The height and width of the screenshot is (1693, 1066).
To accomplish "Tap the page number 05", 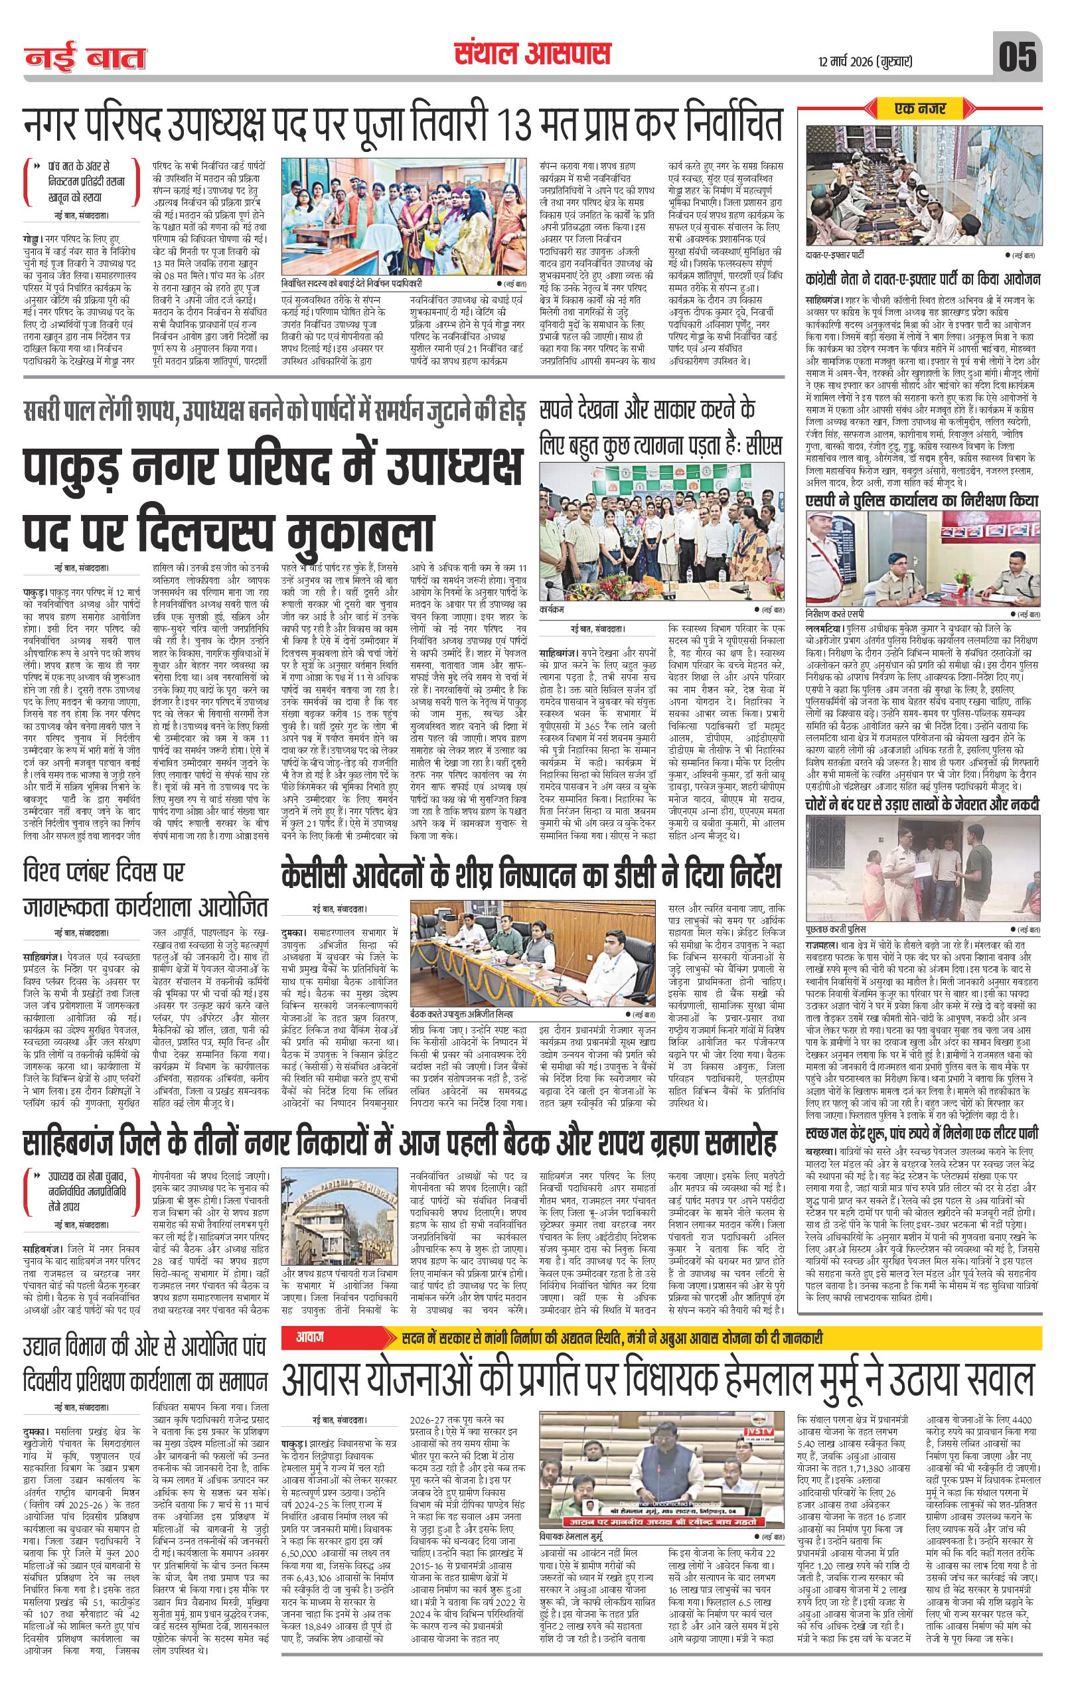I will click(1018, 56).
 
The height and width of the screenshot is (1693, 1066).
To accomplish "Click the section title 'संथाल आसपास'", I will click(532, 54).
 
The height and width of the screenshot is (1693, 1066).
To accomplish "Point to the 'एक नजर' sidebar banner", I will click(920, 109).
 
